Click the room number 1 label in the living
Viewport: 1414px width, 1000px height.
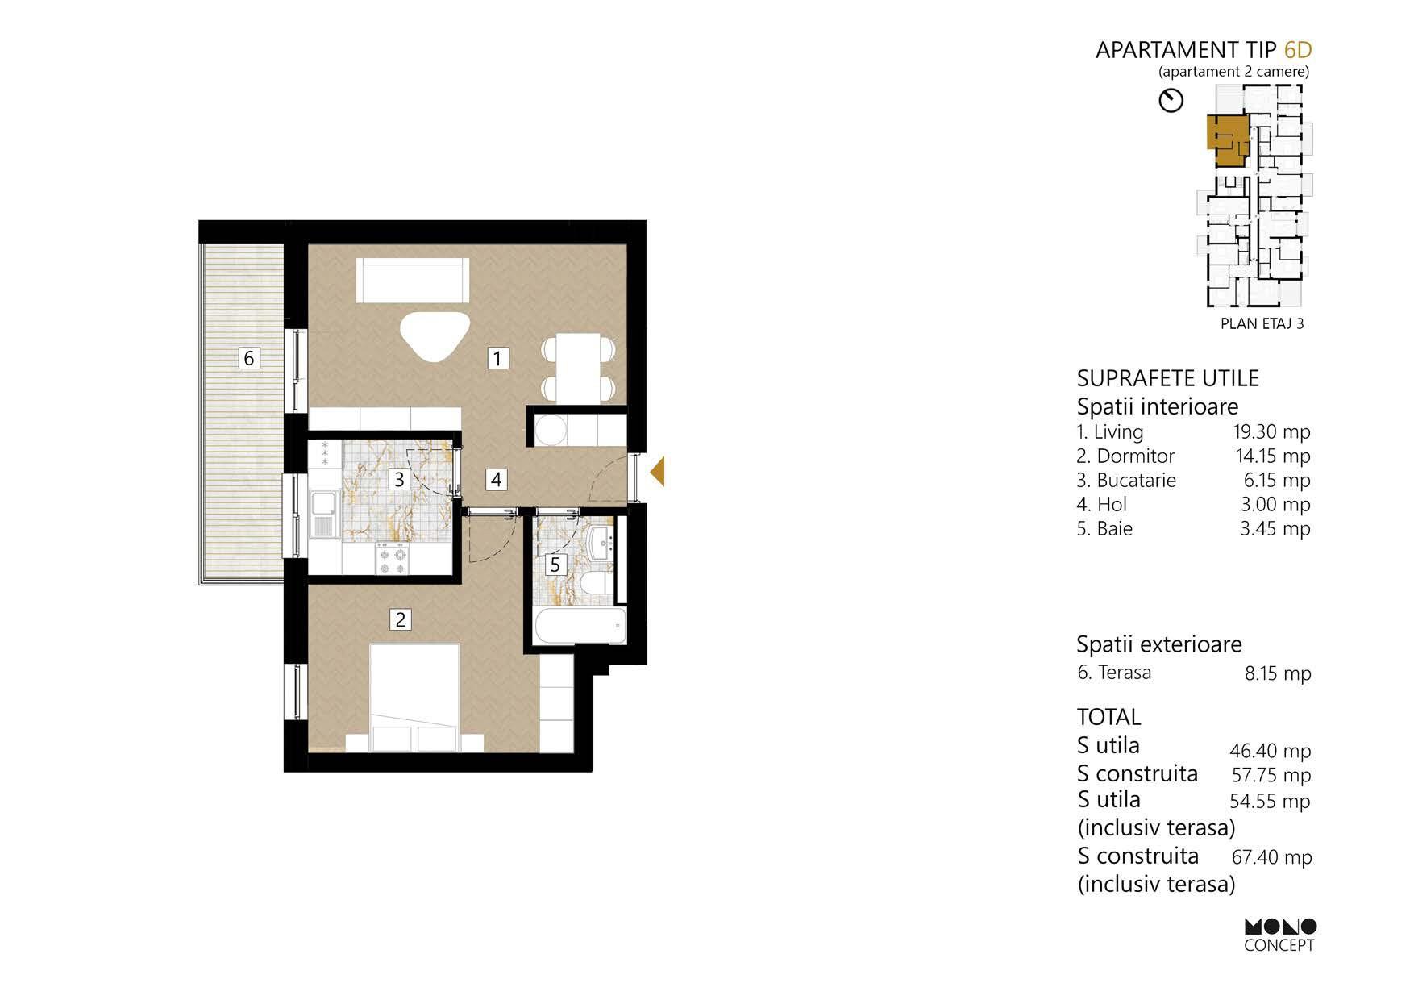498,358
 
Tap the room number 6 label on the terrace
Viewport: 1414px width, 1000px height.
249,358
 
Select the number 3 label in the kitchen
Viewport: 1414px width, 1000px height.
399,480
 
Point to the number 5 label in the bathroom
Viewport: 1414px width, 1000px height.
555,565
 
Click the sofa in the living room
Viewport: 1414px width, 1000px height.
414,281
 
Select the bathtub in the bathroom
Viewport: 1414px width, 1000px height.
580,627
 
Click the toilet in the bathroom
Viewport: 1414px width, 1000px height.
597,584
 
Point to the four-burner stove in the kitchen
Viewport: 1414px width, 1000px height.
393,559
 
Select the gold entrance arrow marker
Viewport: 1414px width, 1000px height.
657,472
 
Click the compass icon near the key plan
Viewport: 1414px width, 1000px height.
1171,101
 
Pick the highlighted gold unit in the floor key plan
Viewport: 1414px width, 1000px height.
1226,139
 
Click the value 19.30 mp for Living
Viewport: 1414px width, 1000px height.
1271,432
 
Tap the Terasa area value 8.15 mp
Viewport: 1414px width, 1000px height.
1278,673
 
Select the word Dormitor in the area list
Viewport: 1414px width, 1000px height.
1135,456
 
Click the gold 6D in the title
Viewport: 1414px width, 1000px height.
1298,50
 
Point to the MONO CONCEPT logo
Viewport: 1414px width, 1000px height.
1279,935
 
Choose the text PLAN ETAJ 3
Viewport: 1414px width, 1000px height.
1262,323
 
